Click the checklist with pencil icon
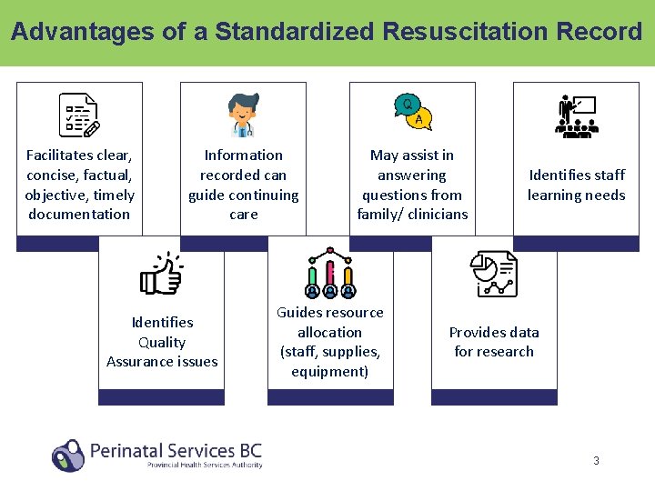(x=78, y=115)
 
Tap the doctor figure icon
(x=243, y=115)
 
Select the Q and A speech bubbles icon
(x=412, y=113)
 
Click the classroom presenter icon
(x=576, y=115)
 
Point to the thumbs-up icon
(x=161, y=274)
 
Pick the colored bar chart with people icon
(x=329, y=274)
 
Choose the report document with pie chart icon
(x=494, y=274)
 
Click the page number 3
(x=596, y=460)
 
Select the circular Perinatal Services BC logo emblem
(x=67, y=455)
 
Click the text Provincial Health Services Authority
(x=205, y=465)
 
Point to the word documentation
(x=79, y=215)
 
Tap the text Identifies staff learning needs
(x=576, y=185)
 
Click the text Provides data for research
(x=494, y=342)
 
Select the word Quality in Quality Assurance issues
(x=162, y=342)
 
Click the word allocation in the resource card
(x=329, y=332)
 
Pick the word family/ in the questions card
(x=383, y=215)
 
